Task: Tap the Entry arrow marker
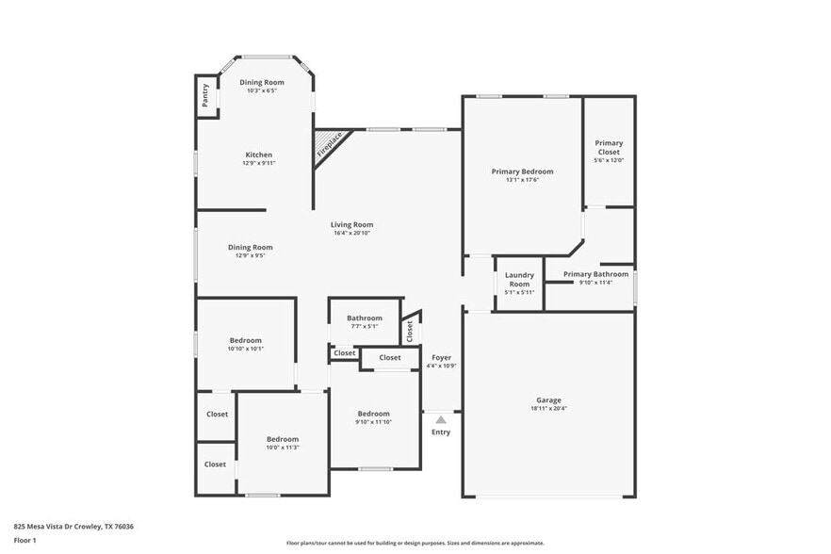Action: [440, 419]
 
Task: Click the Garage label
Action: [548, 399]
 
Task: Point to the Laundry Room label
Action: [519, 279]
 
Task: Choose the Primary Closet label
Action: [609, 147]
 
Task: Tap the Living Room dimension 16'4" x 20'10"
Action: [351, 233]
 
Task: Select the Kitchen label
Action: [259, 155]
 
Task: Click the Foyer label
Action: [441, 357]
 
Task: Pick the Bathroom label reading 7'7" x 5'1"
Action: [364, 318]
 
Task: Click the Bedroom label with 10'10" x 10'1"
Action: [245, 340]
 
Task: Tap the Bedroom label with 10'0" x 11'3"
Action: [282, 439]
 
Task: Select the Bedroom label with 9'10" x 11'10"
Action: [373, 414]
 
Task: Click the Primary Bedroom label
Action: [522, 171]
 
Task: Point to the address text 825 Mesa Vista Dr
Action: [73, 527]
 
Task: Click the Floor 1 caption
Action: [24, 540]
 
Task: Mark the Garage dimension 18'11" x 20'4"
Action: [548, 408]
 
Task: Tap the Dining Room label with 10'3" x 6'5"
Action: [261, 83]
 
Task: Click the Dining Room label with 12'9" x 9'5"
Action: [250, 247]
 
